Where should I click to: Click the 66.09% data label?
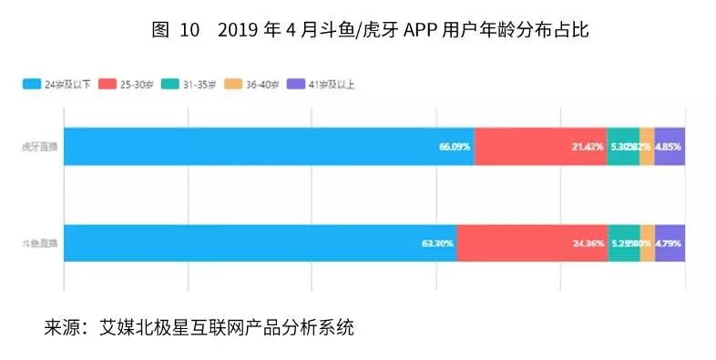click(455, 147)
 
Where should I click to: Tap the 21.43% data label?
click(588, 147)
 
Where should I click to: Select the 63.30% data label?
click(438, 243)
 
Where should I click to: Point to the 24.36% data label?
click(588, 243)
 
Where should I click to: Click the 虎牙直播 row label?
click(41, 147)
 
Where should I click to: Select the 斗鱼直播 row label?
click(41, 243)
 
